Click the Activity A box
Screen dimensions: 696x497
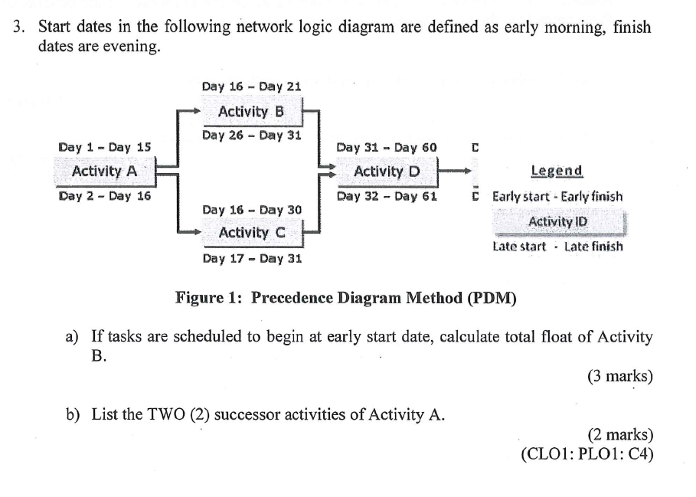105,172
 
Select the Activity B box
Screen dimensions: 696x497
252,111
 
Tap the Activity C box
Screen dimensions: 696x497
253,233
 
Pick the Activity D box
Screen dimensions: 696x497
387,172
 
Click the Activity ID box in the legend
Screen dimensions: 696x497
558,222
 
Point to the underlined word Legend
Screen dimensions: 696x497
557,171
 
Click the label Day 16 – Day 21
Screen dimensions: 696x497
251,86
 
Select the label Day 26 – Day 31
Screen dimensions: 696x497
252,135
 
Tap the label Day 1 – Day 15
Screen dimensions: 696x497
105,147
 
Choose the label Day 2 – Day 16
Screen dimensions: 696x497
105,196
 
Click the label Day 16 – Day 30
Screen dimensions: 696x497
252,210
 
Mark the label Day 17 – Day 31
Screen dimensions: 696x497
252,258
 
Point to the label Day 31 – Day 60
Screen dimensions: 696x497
387,147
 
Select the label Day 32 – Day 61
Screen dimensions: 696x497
387,196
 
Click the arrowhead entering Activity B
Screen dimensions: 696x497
198,111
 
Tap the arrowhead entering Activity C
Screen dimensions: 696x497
198,231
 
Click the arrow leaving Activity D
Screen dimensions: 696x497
455,171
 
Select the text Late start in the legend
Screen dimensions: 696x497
519,247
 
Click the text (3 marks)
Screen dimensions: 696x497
620,376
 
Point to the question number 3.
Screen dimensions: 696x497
18,27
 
